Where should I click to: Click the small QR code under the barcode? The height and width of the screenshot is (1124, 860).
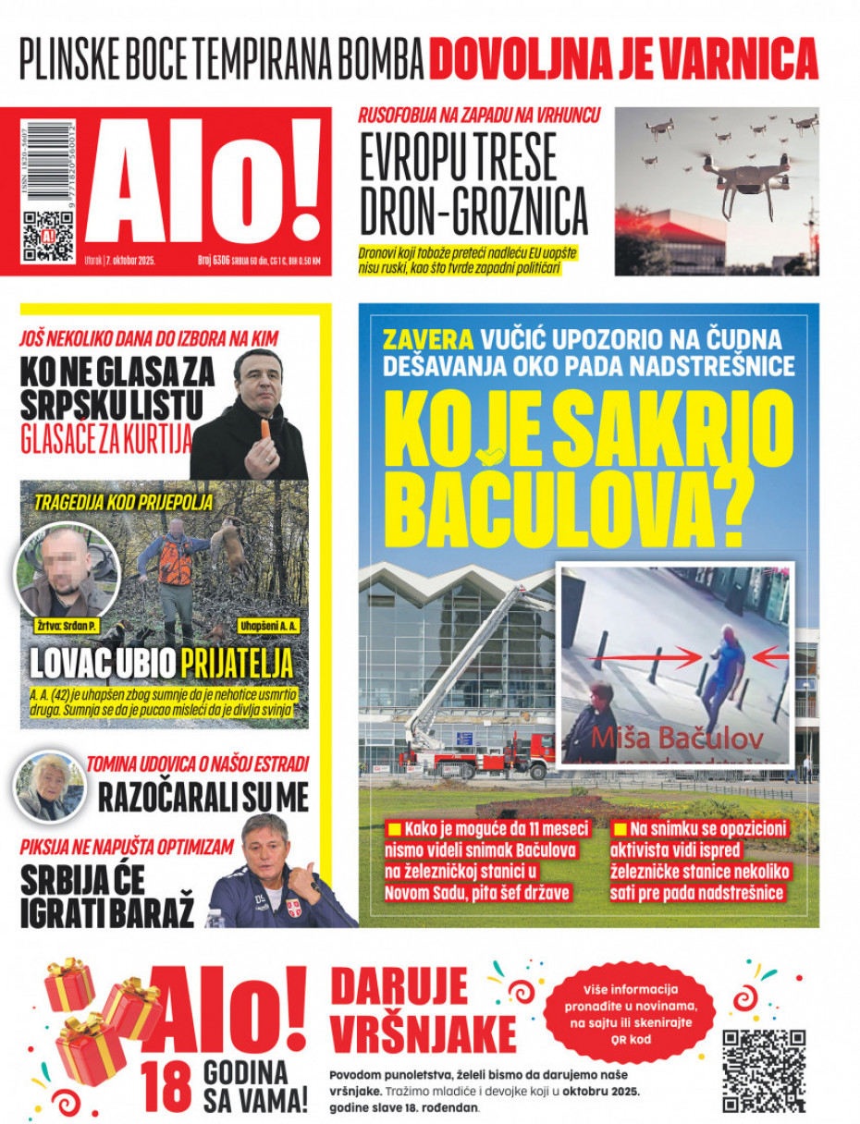[47, 236]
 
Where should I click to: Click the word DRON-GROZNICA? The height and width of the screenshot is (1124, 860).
[473, 212]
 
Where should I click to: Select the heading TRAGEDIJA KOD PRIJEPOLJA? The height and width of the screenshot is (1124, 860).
[124, 503]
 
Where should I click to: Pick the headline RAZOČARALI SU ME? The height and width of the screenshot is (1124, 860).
[203, 797]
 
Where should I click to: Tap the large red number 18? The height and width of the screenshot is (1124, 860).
[167, 1087]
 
